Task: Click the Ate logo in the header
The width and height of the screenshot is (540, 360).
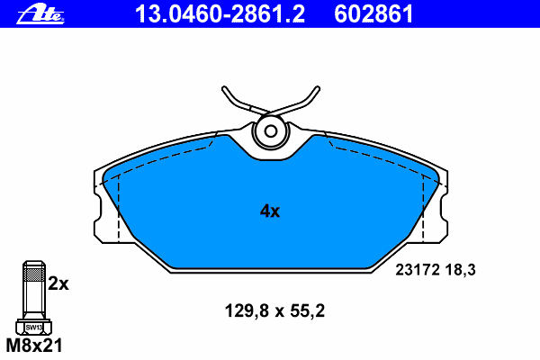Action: point(40,15)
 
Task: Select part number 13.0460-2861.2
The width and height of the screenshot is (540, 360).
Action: point(220,14)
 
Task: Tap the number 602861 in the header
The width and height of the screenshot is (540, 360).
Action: point(373,14)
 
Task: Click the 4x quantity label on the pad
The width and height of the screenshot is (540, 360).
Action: point(270,211)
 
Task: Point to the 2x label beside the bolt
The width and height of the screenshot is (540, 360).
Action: point(58,283)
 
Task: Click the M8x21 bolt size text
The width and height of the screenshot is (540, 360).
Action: point(34,346)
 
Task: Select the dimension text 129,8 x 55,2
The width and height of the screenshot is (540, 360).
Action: point(274,310)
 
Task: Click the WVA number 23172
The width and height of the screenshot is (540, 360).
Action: point(418,270)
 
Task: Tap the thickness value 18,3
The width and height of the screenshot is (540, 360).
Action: point(461,270)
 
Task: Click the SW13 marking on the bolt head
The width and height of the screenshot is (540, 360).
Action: point(34,328)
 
